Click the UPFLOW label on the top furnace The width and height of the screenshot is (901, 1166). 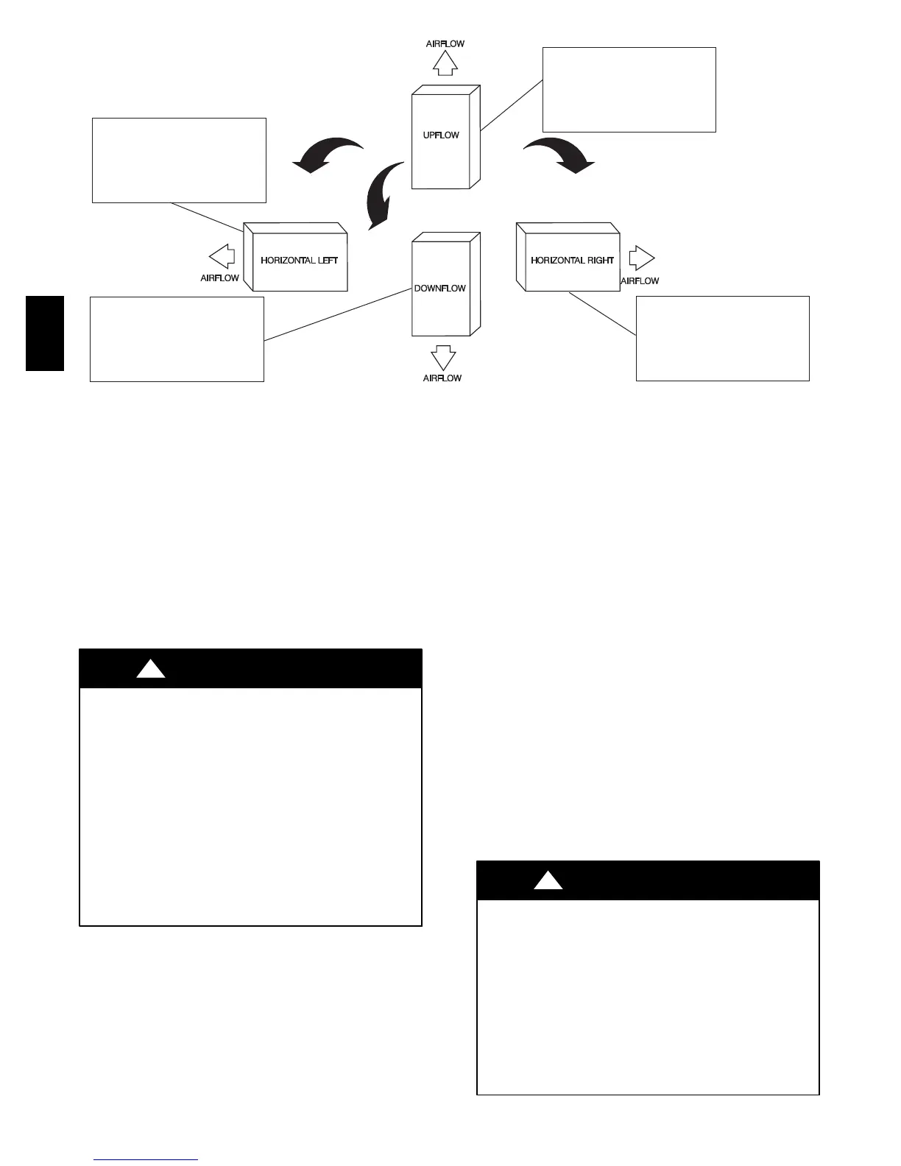coord(441,135)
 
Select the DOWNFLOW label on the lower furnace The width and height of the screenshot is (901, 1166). coord(439,289)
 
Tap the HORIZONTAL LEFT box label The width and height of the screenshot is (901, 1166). coord(299,261)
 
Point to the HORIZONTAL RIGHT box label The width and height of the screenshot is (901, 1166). coord(572,261)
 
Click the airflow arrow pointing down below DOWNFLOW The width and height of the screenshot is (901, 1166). coord(443,358)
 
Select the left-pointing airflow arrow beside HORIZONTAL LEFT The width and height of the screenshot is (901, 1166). coord(222,257)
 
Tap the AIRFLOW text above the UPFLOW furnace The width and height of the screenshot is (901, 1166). coord(445,44)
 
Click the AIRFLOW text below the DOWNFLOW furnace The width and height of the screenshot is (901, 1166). coord(442,378)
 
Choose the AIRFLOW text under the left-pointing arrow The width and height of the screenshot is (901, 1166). coord(220,278)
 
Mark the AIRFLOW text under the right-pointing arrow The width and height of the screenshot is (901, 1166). coord(640,281)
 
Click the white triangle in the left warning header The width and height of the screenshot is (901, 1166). coord(151,668)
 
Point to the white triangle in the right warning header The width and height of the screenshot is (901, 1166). coord(548,880)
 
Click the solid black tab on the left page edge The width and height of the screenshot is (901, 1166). coord(45,333)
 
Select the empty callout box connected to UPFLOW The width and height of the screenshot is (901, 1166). coord(629,90)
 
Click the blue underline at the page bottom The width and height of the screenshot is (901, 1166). coord(146,1160)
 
